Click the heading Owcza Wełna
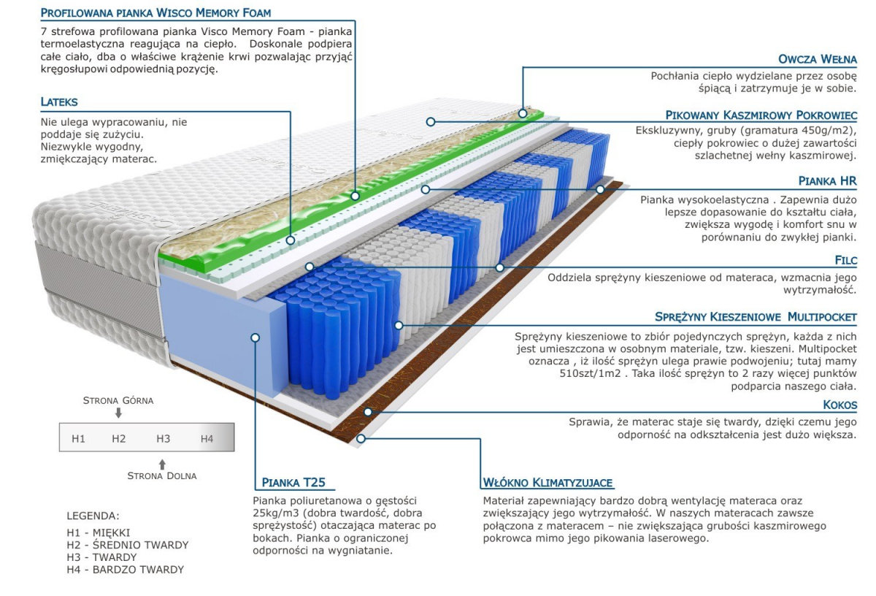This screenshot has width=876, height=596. pos(817,59)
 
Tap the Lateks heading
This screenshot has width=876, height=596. pos(59,102)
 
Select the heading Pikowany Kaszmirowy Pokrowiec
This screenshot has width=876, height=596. pos(761,115)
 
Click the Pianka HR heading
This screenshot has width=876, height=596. pos(828,181)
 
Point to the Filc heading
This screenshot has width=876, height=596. pos(845,260)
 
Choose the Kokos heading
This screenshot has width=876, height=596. pos(839,405)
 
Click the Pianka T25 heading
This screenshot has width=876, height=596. pos(293,483)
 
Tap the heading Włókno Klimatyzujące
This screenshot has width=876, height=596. pos(547,483)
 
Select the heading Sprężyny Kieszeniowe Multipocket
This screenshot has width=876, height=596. pos(756,316)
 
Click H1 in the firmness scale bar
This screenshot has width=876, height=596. pos(78,439)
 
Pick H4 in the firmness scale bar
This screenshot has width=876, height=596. pos(207,439)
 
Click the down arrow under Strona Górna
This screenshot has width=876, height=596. pos(118,413)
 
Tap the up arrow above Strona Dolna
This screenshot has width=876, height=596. pos(162,465)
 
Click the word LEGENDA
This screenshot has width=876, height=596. pos(93,516)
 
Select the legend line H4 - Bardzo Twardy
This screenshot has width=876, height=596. pos(125,570)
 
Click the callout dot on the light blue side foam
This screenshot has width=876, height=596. pos(255,337)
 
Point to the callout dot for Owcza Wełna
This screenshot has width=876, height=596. pos(523,113)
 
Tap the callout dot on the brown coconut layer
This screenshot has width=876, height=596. pos(368,412)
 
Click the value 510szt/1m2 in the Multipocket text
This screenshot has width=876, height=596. pos(590,373)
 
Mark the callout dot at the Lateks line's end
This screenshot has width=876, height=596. pos(291,240)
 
